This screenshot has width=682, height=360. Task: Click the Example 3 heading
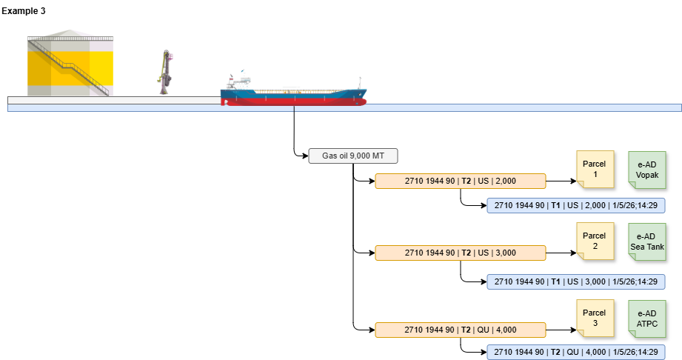coord(24,11)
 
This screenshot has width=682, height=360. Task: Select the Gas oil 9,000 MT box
coord(353,156)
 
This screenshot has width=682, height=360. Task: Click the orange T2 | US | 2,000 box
coord(460,181)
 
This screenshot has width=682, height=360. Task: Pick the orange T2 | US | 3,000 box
coord(460,253)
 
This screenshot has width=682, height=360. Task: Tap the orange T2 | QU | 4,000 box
coord(460,330)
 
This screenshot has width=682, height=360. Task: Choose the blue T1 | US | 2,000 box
coord(576,205)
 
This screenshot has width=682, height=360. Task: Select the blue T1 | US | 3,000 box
coord(576,281)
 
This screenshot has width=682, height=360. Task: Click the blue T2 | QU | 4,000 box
coord(576,352)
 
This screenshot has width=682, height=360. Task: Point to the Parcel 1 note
coord(595,170)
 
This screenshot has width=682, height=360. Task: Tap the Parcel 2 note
coord(595,241)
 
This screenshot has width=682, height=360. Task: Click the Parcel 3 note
coord(595,319)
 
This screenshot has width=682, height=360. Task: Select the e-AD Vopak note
coord(646,170)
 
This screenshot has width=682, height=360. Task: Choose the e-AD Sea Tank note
coord(646,242)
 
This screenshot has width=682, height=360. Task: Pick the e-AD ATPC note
coord(646,319)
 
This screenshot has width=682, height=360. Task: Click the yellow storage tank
coord(70,63)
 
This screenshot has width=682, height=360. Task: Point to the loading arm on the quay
coord(165,73)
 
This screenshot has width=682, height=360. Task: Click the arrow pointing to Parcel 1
coord(561,181)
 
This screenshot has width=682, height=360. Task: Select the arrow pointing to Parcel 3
coord(561,330)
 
